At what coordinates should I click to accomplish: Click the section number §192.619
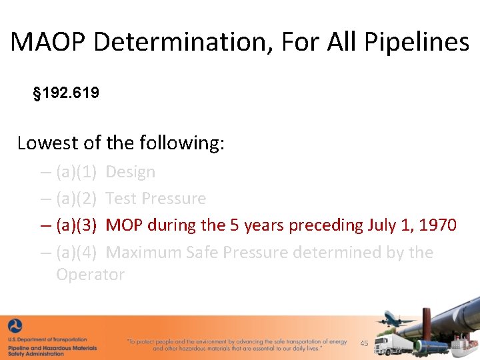coord(66,93)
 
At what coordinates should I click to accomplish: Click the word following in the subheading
coord(179,143)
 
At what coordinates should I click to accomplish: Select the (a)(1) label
coord(77,172)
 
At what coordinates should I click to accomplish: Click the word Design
coord(130,172)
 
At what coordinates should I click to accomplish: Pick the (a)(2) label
coord(77,199)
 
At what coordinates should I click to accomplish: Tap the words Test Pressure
coord(156,199)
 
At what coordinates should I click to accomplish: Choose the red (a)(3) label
coord(77,225)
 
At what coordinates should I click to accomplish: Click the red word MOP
coord(124,225)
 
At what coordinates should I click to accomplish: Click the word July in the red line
coord(383,225)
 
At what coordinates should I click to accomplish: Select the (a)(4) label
coord(77,253)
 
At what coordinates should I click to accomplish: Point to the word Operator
coord(90,275)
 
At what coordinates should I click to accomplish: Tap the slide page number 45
coord(364,343)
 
